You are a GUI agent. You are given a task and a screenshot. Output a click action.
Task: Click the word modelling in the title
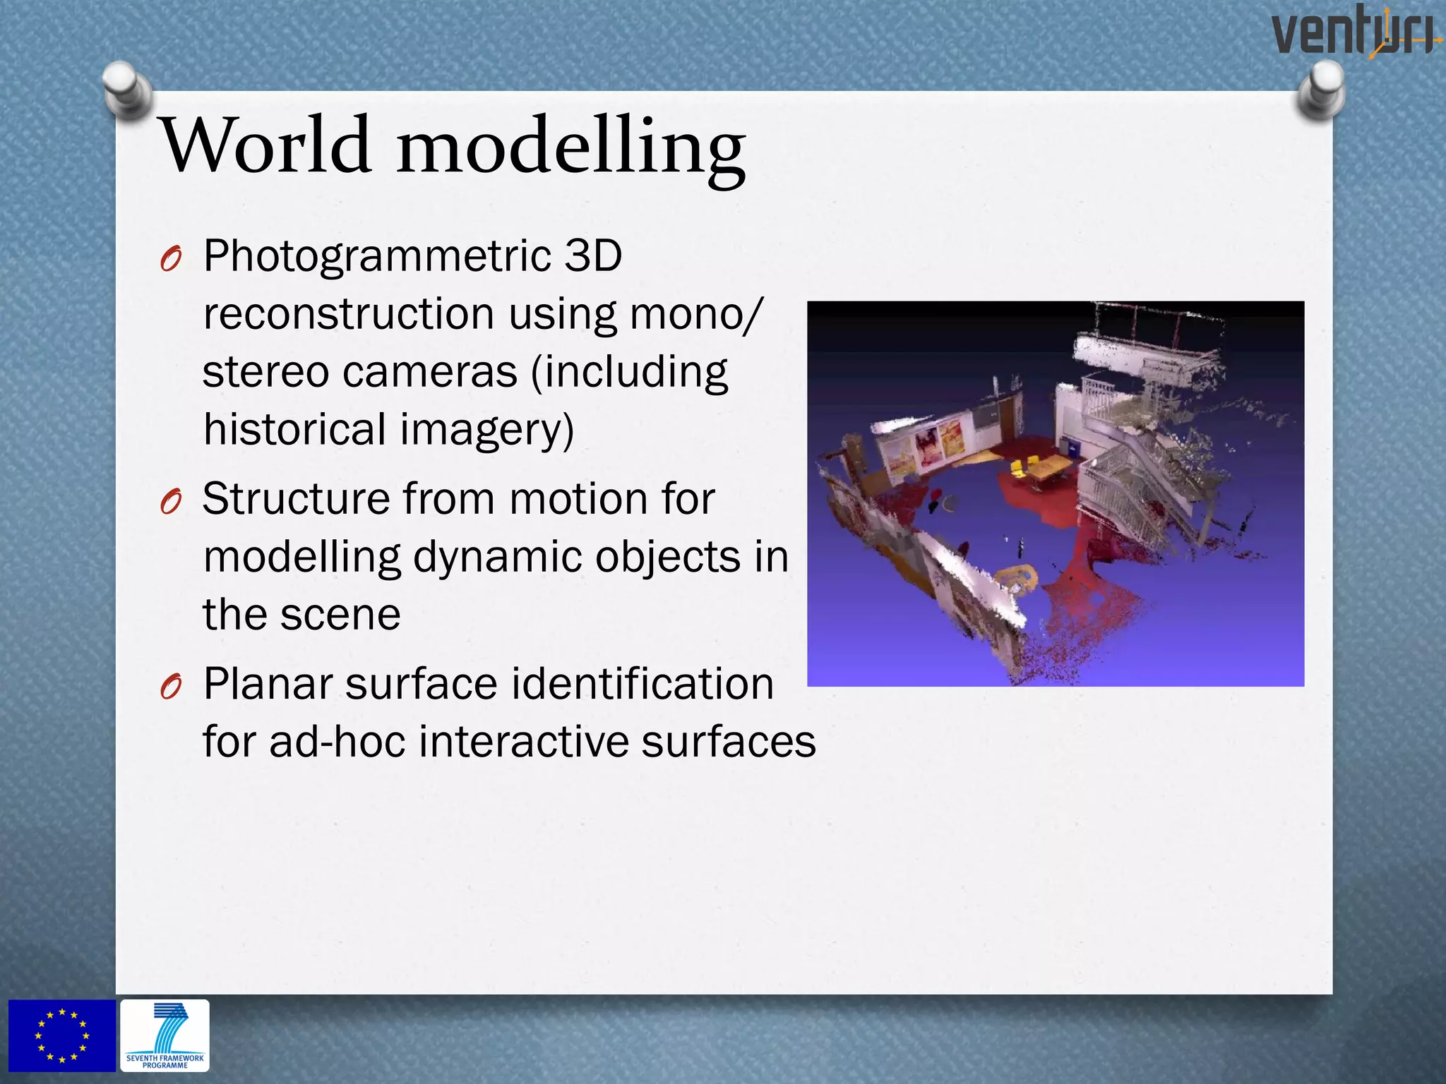[570, 148]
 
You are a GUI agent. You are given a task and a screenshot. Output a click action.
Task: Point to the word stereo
[265, 372]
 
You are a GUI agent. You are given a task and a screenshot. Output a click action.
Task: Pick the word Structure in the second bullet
[296, 499]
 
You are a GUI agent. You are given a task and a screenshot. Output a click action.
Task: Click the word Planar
[267, 684]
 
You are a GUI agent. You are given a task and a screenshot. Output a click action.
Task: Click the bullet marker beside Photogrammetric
[171, 260]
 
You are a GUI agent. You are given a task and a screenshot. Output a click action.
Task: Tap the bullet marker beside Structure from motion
[171, 502]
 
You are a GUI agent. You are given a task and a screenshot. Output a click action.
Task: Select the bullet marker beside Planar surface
[171, 687]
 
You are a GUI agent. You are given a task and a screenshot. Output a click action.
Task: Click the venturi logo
[1354, 31]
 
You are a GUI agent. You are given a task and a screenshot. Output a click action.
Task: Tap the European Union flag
[62, 1035]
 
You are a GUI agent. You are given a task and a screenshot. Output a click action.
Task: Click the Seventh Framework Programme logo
[165, 1035]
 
